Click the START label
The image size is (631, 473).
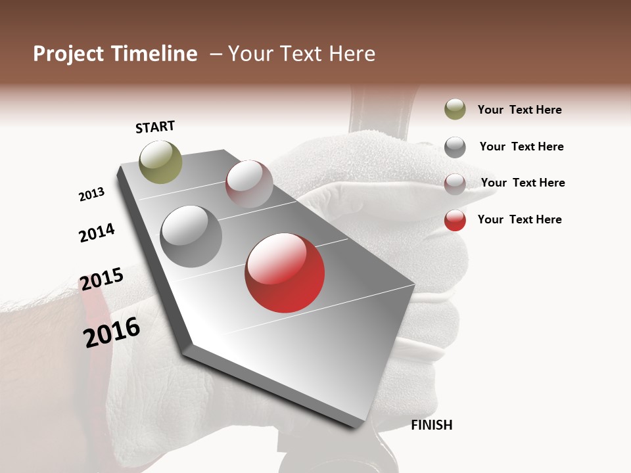click(x=155, y=127)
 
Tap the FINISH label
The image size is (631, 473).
click(x=432, y=425)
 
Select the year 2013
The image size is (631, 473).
click(x=92, y=194)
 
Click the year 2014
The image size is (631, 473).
click(x=97, y=233)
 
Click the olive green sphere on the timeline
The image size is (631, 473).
click(x=160, y=162)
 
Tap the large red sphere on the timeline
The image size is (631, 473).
click(x=285, y=273)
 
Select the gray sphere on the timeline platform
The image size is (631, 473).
click(x=191, y=236)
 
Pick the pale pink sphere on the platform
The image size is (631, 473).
click(x=249, y=184)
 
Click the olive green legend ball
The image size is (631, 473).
click(x=455, y=109)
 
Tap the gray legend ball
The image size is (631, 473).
click(x=455, y=147)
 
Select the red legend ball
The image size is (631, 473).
click(x=455, y=220)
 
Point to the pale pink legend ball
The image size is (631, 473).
click(x=455, y=184)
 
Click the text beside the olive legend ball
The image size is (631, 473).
click(x=519, y=110)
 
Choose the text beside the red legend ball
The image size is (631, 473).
click(x=519, y=219)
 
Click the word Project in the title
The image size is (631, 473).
click(x=68, y=54)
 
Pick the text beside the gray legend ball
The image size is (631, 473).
click(x=521, y=146)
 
